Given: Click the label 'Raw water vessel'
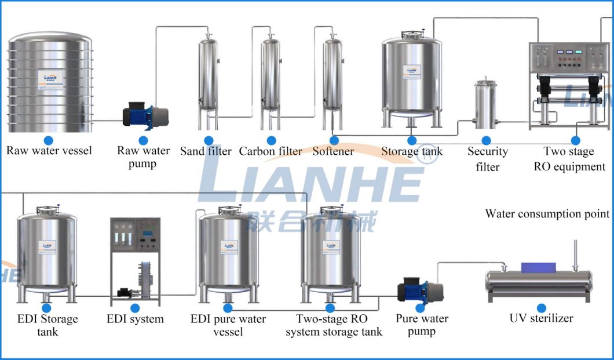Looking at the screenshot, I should click(x=49, y=151).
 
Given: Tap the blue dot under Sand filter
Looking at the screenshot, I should click(x=209, y=140).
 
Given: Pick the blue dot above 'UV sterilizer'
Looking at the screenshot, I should click(x=541, y=308).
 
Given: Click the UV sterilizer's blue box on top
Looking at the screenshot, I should click(x=538, y=267).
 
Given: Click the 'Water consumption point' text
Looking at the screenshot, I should click(x=547, y=214).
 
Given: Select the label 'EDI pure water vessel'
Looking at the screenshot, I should click(x=228, y=325).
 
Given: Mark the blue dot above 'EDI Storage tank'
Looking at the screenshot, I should click(x=46, y=308).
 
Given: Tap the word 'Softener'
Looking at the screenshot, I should click(x=333, y=151).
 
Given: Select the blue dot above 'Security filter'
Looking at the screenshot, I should click(x=487, y=140).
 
